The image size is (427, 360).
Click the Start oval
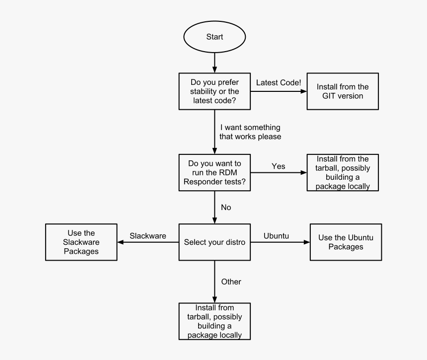214,37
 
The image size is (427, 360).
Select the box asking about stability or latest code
214,91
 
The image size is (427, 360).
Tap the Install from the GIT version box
342,91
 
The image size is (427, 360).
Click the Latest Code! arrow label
279,82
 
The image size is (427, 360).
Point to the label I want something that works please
250,132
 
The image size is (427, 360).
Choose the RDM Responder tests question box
214,172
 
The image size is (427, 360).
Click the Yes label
279,166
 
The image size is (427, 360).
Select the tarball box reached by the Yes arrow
342,172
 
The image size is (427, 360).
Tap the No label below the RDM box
226,208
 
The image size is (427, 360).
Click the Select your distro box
214,242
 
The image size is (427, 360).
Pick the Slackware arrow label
148,236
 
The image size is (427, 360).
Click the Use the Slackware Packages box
81,242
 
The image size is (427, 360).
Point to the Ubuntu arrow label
276,236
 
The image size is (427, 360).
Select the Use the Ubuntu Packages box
346,242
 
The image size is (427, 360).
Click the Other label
231,282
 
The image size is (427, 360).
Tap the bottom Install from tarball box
214,321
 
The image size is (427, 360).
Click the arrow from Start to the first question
214,62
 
